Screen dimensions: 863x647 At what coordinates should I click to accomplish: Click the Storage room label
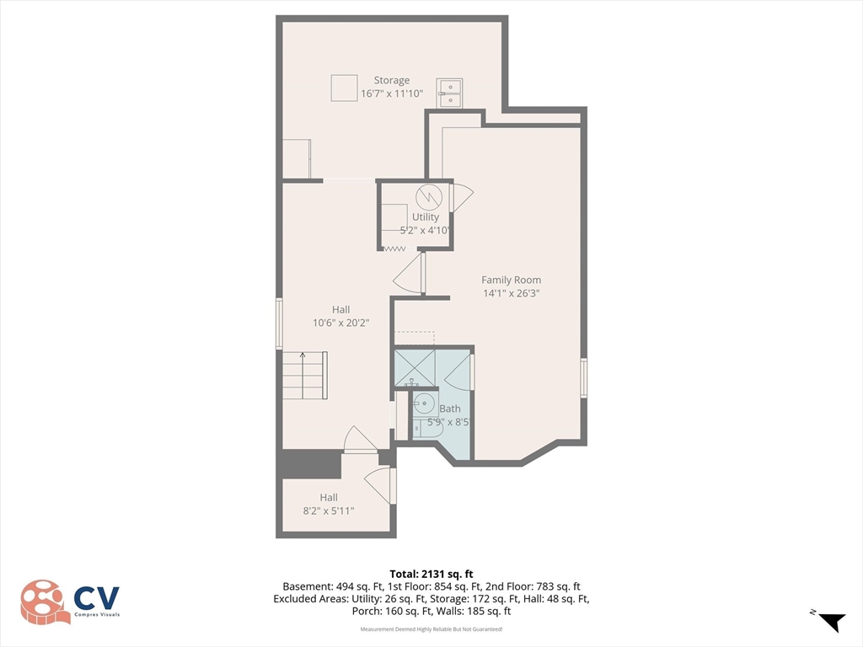(392, 80)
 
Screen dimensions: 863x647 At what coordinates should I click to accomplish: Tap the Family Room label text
(512, 280)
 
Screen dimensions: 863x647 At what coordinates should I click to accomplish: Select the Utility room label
(426, 217)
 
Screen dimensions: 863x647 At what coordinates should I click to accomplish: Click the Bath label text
(450, 409)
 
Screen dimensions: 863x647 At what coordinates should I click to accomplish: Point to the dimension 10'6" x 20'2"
(340, 323)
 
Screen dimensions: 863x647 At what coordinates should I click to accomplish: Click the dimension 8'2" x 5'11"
(329, 511)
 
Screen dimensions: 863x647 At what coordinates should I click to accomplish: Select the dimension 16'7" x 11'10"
(392, 94)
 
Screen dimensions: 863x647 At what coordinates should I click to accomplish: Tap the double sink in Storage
(450, 93)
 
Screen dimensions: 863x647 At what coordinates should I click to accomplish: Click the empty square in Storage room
(345, 88)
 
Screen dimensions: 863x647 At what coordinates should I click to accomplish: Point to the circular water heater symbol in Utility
(429, 196)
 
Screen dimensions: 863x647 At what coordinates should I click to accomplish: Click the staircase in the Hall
(305, 376)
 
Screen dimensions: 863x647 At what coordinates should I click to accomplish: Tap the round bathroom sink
(424, 404)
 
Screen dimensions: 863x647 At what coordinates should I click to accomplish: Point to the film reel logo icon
(46, 602)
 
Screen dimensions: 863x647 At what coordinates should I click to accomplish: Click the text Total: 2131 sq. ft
(431, 575)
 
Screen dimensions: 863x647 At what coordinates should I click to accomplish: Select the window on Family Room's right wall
(584, 377)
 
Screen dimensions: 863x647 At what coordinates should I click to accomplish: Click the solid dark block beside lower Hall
(308, 465)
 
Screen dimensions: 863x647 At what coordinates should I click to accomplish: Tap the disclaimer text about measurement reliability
(431, 628)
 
